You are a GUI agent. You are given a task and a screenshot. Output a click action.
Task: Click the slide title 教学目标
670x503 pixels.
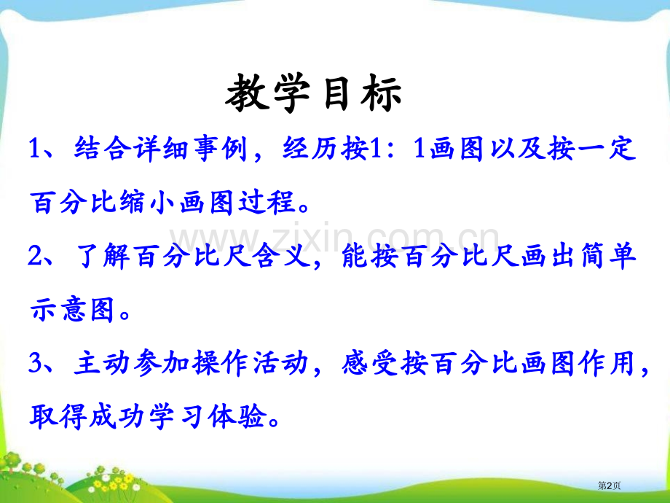tap(314, 95)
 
